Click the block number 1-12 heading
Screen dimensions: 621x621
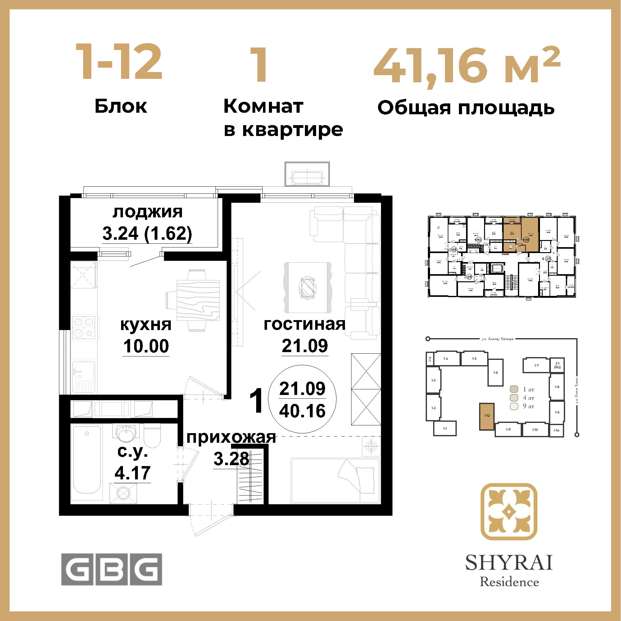pyautogui.click(x=119, y=62)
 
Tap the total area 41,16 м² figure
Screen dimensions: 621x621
pyautogui.click(x=467, y=66)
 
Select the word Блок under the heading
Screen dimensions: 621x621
pyautogui.click(x=121, y=107)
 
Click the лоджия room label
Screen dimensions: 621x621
pyautogui.click(x=147, y=212)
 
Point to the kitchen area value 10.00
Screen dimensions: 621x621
pyautogui.click(x=146, y=346)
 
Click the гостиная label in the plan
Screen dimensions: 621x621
pyautogui.click(x=304, y=324)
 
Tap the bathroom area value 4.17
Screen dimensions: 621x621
pyautogui.click(x=133, y=473)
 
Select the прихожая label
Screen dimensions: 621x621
pyautogui.click(x=231, y=438)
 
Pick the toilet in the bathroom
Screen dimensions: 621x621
pyautogui.click(x=152, y=436)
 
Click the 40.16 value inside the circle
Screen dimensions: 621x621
pyautogui.click(x=302, y=411)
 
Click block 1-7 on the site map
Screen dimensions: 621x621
pyautogui.click(x=536, y=365)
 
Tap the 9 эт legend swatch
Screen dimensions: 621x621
pyautogui.click(x=514, y=406)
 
